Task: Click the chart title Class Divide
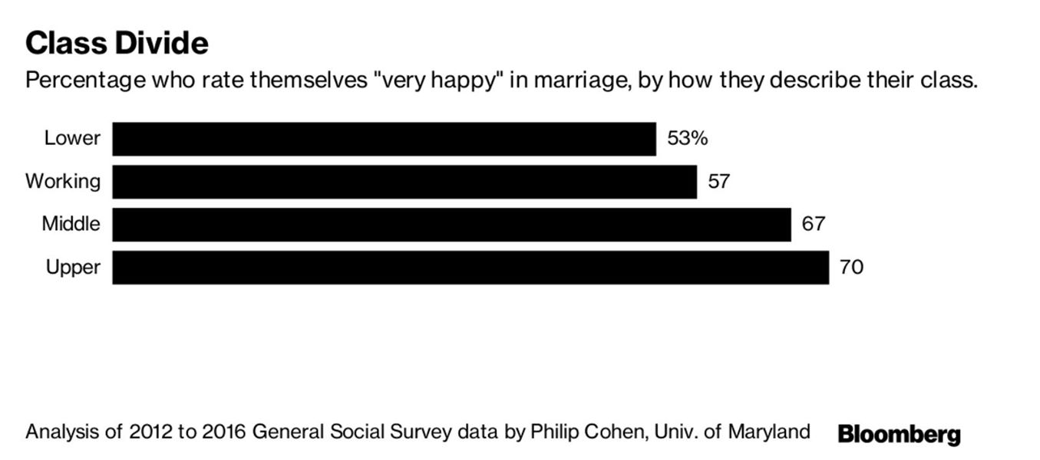[x=117, y=43]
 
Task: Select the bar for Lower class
[x=384, y=139]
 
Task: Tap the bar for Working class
[x=404, y=182]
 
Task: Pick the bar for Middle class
[x=451, y=225]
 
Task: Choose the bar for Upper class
[x=470, y=268]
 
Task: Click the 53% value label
[x=687, y=139]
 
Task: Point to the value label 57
[x=718, y=182]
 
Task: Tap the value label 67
[x=813, y=225]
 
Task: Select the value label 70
[x=851, y=268]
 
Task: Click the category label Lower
[x=72, y=139]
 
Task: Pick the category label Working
[x=63, y=182]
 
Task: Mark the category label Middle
[x=71, y=225]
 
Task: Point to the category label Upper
[x=73, y=268]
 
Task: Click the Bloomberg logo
[x=899, y=435]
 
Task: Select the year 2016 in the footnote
[x=222, y=432]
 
